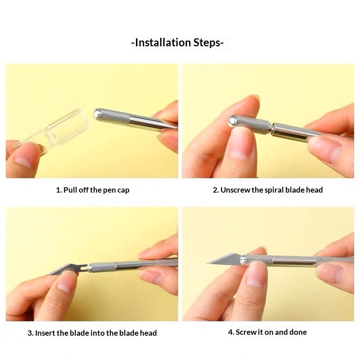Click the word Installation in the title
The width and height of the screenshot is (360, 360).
pyautogui.click(x=163, y=43)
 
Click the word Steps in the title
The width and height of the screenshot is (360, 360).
pyautogui.click(x=207, y=43)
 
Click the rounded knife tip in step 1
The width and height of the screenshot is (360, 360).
pyautogui.click(x=97, y=114)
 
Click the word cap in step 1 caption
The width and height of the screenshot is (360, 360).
pyautogui.click(x=123, y=190)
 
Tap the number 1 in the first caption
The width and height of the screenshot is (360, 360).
pyautogui.click(x=58, y=190)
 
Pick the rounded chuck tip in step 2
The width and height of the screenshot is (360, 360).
pyautogui.click(x=232, y=121)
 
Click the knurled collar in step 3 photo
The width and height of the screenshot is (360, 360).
pyautogui.click(x=103, y=267)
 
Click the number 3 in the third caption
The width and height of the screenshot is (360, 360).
pyautogui.click(x=30, y=333)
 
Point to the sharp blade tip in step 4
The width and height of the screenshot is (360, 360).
pyautogui.click(x=207, y=263)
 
